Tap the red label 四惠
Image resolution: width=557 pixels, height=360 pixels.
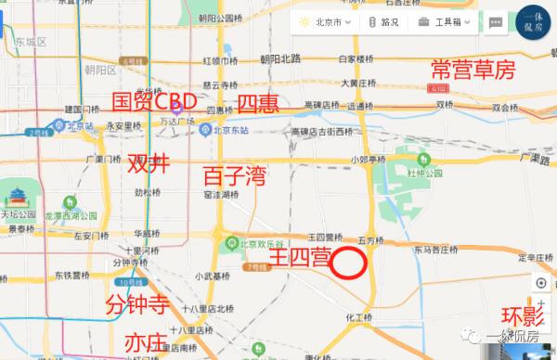(x=258, y=102)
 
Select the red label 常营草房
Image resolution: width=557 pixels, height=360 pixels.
(x=472, y=71)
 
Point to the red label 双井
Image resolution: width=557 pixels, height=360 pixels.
(x=149, y=163)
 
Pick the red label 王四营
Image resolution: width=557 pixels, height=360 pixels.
(x=299, y=257)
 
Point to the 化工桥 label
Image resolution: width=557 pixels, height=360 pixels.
(x=359, y=317)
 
